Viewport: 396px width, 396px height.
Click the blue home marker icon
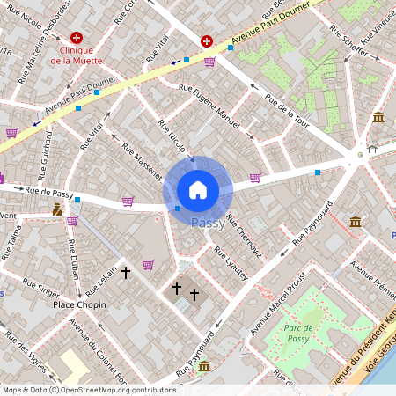pyautogui.click(x=198, y=189)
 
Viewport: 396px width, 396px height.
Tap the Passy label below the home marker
pyautogui.click(x=206, y=224)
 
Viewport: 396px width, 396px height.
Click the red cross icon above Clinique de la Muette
pyautogui.click(x=77, y=38)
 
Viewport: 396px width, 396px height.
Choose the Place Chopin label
pyautogui.click(x=79, y=304)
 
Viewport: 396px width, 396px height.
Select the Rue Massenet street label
pyautogui.click(x=142, y=162)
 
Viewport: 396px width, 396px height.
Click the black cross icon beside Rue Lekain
pyautogui.click(x=126, y=274)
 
